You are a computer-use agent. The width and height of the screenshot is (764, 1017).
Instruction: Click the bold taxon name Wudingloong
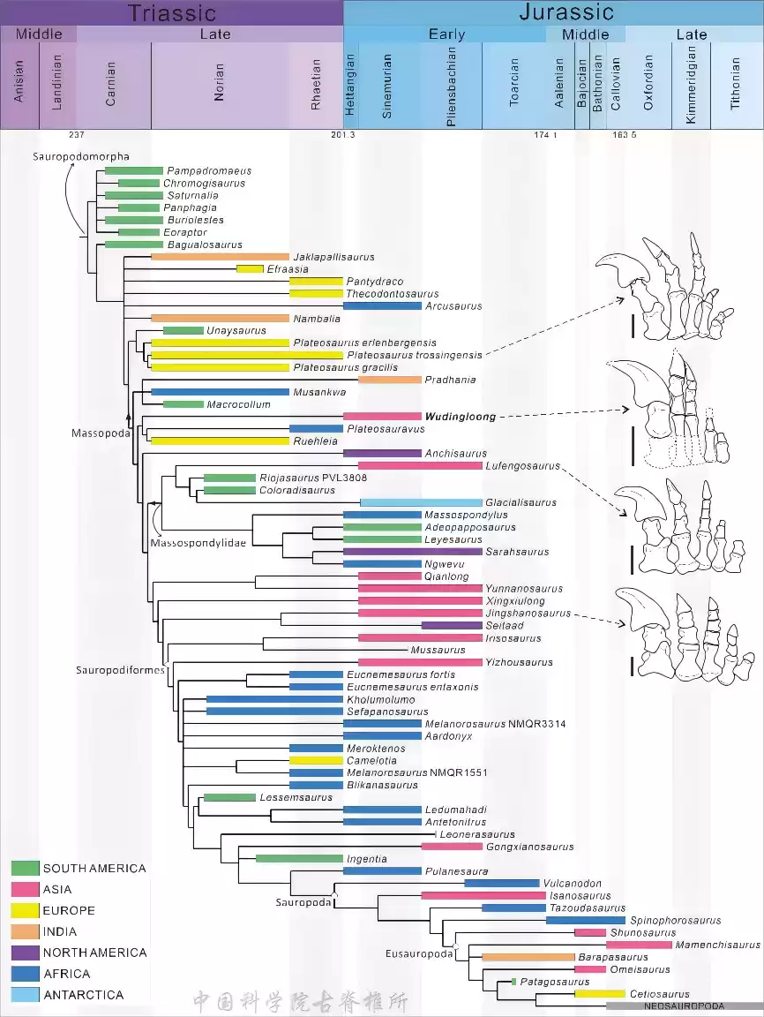click(x=461, y=417)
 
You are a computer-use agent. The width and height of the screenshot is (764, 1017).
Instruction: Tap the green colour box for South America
click(x=25, y=869)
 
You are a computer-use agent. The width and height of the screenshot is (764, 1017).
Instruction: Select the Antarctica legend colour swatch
click(x=25, y=995)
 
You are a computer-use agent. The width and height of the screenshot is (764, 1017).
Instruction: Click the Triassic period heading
click(x=171, y=12)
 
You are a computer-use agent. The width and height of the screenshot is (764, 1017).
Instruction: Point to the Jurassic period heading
click(x=566, y=12)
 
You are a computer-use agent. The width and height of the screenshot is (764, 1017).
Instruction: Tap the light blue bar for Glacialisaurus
click(x=421, y=502)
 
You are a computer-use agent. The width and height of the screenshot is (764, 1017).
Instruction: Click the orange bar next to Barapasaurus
click(x=528, y=957)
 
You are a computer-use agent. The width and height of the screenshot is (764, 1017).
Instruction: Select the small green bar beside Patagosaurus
click(x=513, y=982)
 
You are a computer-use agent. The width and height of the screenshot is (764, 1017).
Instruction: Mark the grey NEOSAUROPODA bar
click(x=684, y=1006)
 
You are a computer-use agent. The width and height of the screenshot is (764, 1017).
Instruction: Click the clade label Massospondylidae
click(x=198, y=542)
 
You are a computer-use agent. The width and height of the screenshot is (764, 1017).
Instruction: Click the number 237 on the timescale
click(x=77, y=135)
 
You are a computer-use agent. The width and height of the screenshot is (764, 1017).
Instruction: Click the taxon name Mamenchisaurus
click(x=717, y=945)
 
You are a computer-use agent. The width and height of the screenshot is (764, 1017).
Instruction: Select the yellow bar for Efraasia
click(x=250, y=268)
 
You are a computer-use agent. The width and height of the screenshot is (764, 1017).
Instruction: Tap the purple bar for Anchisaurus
click(x=382, y=454)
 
